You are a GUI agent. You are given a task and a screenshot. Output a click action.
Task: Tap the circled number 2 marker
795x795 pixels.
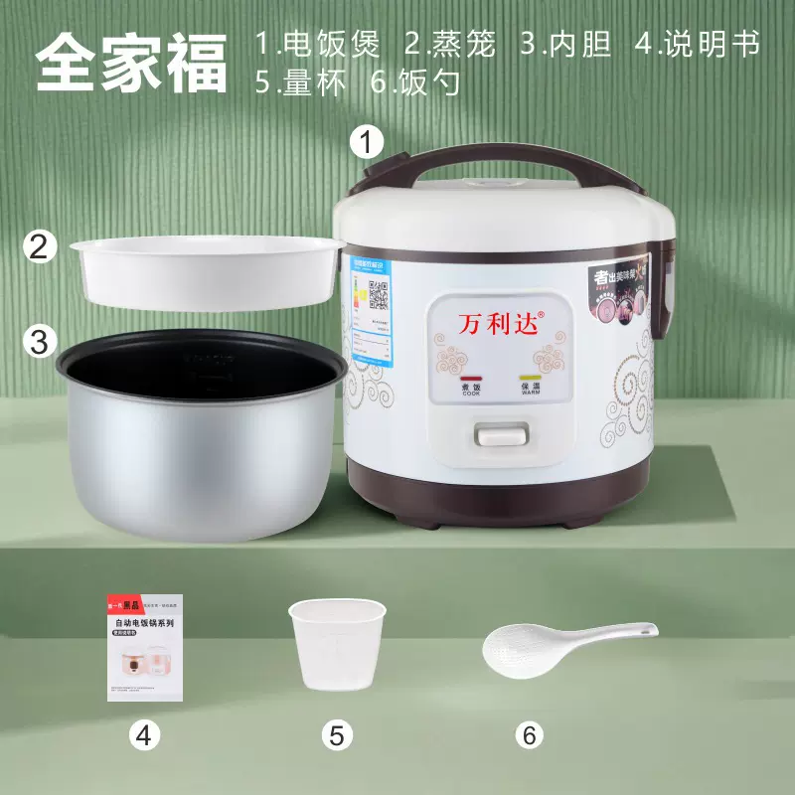click(39, 247)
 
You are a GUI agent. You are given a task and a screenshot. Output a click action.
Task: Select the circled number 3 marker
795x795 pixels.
click(39, 343)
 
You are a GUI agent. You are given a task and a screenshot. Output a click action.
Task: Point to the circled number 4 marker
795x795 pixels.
click(145, 735)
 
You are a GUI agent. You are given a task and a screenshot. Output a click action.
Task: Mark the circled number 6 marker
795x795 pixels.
click(529, 735)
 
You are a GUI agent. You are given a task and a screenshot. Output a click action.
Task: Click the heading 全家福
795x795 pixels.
click(131, 62)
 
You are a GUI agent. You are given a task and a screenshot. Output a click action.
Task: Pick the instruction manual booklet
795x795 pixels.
click(145, 648)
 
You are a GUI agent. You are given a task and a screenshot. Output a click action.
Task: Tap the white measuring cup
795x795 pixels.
click(336, 644)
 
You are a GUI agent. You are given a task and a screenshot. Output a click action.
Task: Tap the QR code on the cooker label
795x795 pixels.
click(378, 294)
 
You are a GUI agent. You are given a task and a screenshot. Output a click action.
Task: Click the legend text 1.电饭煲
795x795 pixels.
click(319, 45)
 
